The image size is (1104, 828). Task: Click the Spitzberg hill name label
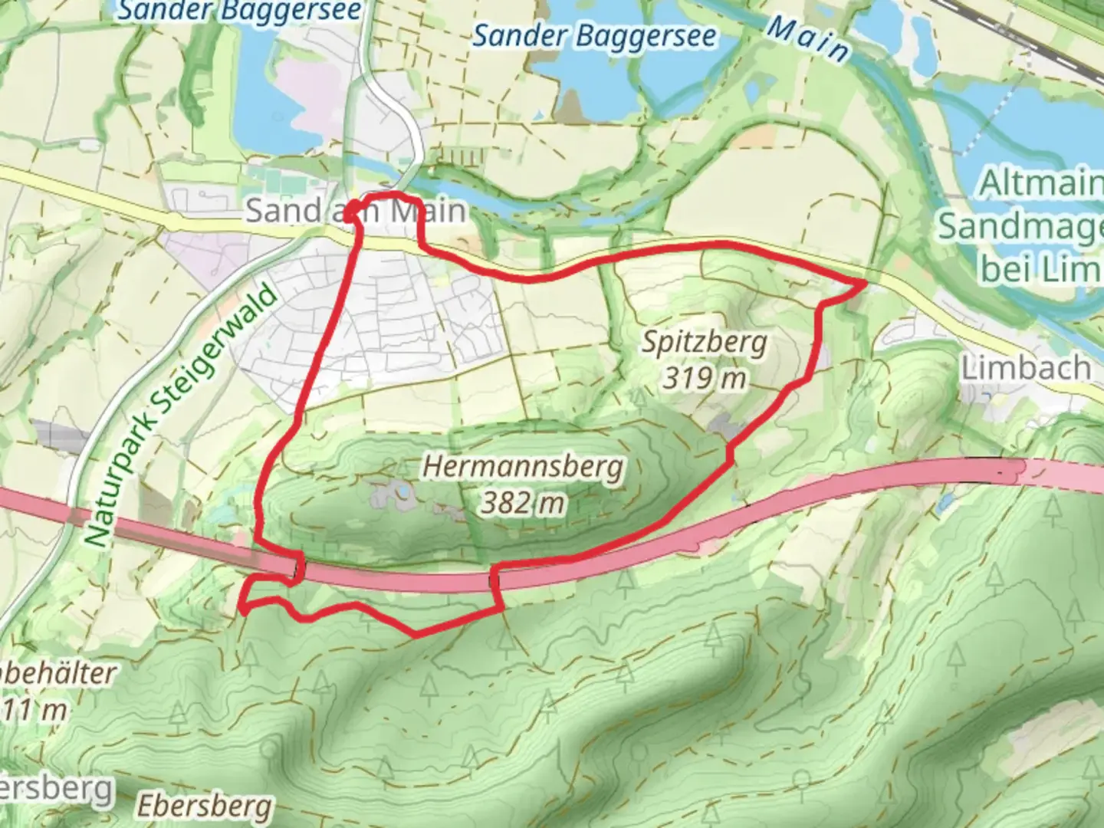tap(704, 343)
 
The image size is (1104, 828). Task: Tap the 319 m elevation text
tap(704, 378)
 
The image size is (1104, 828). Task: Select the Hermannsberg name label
tap(523, 467)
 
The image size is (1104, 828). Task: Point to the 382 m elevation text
tap(523, 503)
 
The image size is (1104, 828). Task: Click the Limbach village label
tap(1026, 369)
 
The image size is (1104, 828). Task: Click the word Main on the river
tap(808, 40)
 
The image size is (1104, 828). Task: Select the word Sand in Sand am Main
tap(284, 210)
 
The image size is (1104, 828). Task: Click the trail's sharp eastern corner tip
tap(865, 284)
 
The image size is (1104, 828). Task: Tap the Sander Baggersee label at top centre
tap(594, 36)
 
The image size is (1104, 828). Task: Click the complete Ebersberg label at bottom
tap(205, 807)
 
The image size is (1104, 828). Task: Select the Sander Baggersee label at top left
tap(239, 11)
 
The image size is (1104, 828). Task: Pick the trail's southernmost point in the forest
tap(416, 634)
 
